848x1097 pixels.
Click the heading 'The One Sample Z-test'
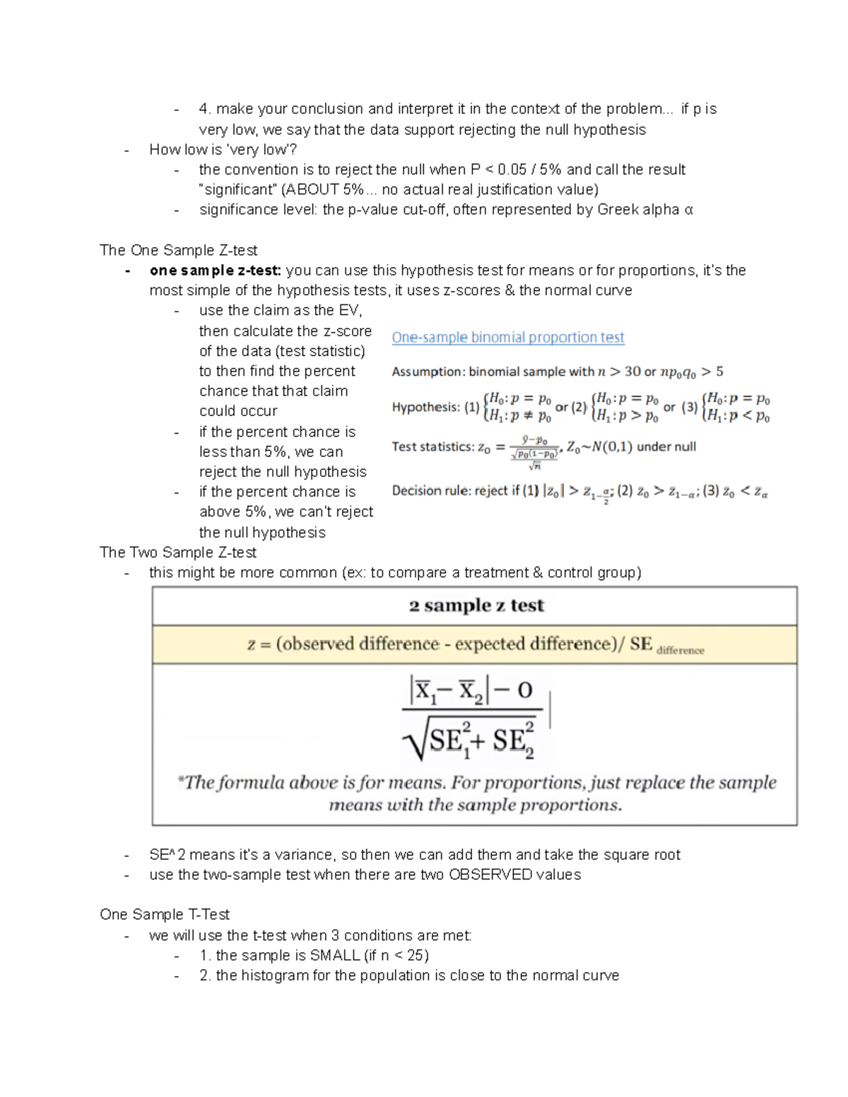coord(178,250)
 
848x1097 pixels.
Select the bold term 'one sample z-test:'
coord(215,271)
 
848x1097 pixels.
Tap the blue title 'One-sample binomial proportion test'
coord(507,338)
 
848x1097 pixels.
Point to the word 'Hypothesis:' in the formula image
coord(425,407)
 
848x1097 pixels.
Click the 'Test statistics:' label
coord(432,446)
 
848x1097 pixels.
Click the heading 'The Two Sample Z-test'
coord(178,552)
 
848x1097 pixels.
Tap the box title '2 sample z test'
coord(476,605)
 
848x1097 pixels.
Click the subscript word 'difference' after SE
coord(680,651)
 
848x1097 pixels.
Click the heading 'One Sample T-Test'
coord(165,915)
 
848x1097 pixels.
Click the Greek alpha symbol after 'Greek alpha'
coord(689,210)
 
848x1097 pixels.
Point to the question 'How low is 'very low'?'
coord(223,150)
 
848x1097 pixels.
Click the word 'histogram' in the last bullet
coord(273,976)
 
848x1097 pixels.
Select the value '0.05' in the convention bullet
coord(512,170)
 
